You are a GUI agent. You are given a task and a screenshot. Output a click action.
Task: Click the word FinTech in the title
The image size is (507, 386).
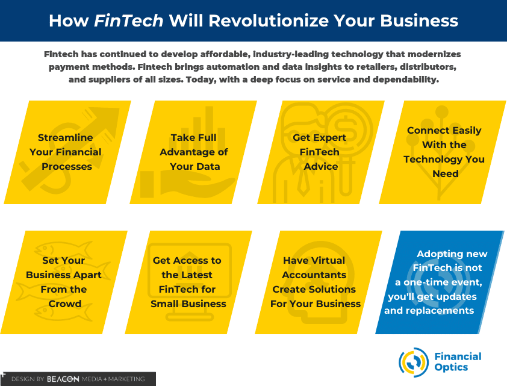pyautogui.click(x=129, y=20)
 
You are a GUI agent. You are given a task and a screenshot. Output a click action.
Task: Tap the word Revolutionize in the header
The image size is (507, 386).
pyautogui.click(x=269, y=20)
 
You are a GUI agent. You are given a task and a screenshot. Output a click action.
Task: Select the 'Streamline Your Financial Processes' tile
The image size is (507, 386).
pyautogui.click(x=67, y=152)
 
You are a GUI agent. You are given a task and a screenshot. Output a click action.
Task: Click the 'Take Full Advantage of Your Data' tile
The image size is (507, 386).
pyautogui.click(x=193, y=152)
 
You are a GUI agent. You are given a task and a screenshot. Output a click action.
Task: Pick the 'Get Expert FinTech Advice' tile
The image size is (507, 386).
pyautogui.click(x=321, y=152)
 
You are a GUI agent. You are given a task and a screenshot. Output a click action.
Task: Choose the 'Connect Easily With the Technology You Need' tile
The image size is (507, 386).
pyautogui.click(x=443, y=152)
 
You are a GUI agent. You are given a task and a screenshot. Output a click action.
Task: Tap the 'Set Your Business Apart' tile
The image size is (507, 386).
pyautogui.click(x=64, y=282)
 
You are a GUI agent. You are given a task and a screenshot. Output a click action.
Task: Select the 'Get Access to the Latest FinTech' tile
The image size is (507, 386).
pyautogui.click(x=188, y=282)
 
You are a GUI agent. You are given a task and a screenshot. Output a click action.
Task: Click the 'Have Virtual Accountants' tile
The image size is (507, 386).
pyautogui.click(x=319, y=282)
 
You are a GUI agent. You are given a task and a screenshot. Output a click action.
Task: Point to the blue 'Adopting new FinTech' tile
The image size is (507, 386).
pyautogui.click(x=440, y=282)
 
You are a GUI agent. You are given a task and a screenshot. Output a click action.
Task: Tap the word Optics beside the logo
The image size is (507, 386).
pyautogui.click(x=451, y=367)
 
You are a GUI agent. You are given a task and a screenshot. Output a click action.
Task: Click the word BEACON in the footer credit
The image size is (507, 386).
pyautogui.click(x=63, y=379)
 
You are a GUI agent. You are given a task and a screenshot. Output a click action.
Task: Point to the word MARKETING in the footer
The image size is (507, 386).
pyautogui.click(x=126, y=379)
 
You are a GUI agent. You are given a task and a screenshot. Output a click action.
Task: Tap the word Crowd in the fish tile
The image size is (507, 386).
pyautogui.click(x=64, y=304)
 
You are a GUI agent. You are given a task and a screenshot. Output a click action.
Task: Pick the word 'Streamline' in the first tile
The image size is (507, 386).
pyautogui.click(x=65, y=138)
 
